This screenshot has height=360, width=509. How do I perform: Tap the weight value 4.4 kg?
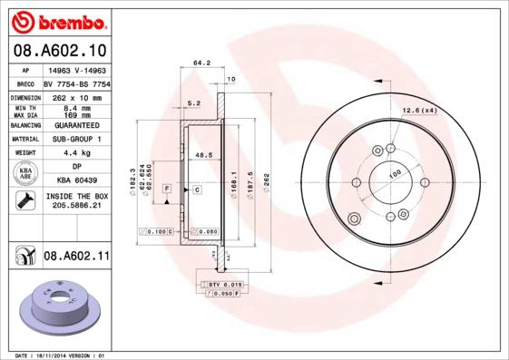click(x=76, y=153)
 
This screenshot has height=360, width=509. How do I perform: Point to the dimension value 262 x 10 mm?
click(x=76, y=95)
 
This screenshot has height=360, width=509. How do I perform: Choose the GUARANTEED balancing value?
click(x=76, y=124)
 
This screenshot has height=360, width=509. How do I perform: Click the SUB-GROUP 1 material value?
click(x=76, y=139)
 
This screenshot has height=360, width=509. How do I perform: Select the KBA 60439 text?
click(x=76, y=181)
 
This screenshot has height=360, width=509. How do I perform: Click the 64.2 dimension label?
click(x=201, y=63)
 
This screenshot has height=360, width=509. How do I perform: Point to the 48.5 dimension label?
click(x=203, y=156)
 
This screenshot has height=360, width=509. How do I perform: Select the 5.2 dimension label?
click(x=193, y=103)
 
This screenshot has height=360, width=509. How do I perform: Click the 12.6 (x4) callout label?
click(x=420, y=111)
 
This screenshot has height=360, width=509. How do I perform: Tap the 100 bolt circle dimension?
click(x=395, y=174)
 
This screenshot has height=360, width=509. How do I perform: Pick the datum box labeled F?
click(x=167, y=189)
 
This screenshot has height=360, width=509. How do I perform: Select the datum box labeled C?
click(x=196, y=189)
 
